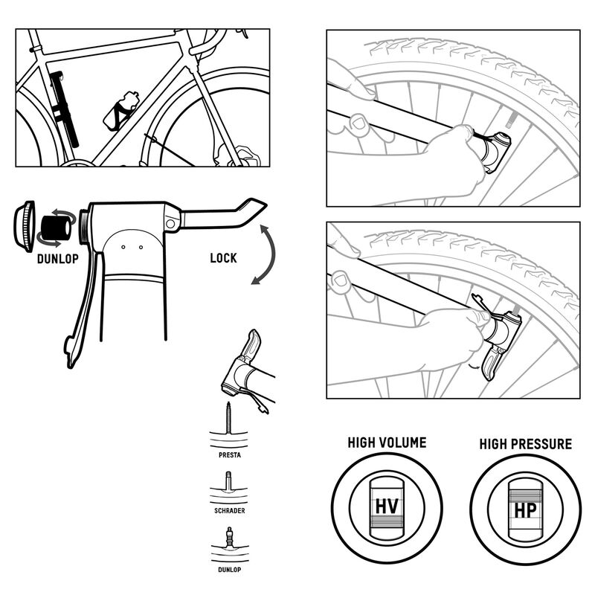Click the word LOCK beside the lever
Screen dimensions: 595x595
[223, 258]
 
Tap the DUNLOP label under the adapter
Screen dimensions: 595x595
[57, 260]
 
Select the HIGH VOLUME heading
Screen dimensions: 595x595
[387, 443]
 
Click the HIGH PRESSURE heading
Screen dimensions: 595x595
[525, 444]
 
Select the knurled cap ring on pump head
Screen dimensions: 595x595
[25, 226]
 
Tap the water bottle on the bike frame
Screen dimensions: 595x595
[122, 110]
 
